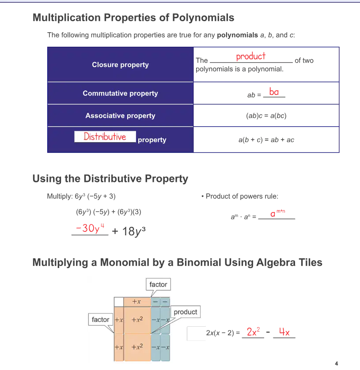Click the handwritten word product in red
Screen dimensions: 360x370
251,57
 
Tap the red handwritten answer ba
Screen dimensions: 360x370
274,91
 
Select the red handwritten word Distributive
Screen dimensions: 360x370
105,136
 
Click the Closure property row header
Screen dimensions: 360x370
121,64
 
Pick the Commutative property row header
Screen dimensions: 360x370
121,93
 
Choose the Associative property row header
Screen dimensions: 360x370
121,116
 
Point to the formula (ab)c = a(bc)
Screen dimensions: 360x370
266,116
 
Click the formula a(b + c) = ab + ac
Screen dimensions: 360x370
266,140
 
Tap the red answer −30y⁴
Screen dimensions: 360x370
90,228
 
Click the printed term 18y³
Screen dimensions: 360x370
133,231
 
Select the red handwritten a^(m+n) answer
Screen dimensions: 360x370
277,213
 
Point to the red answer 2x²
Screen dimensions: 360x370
253,332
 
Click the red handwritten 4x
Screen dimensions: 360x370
284,332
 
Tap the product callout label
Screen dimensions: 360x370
186,312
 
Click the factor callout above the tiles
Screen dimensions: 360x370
158,284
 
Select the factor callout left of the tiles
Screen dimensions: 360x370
100,320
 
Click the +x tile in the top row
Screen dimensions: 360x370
136,302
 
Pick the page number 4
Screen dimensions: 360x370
337,363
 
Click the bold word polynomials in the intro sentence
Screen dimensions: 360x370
237,35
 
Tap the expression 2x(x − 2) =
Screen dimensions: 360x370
223,333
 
